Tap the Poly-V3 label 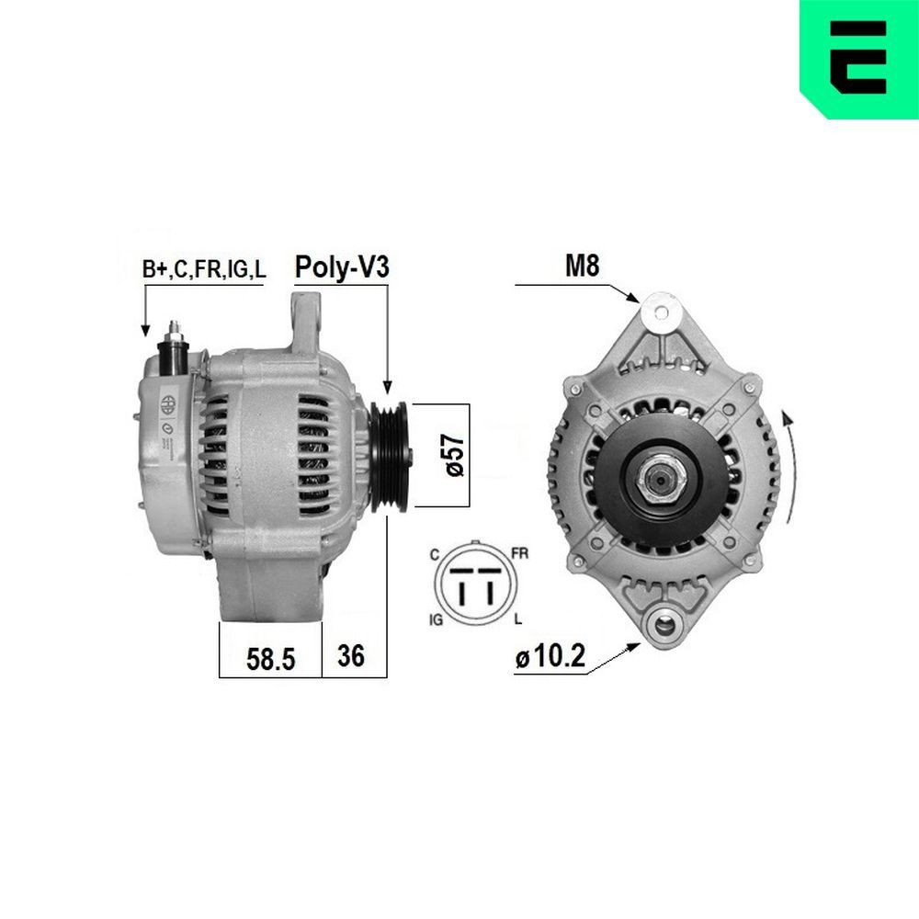point(342,267)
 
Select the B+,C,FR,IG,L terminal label point(204,269)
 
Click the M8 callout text point(581,267)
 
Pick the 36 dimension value point(352,655)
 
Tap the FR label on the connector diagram point(520,554)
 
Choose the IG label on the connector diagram point(436,620)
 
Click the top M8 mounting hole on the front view point(658,309)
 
